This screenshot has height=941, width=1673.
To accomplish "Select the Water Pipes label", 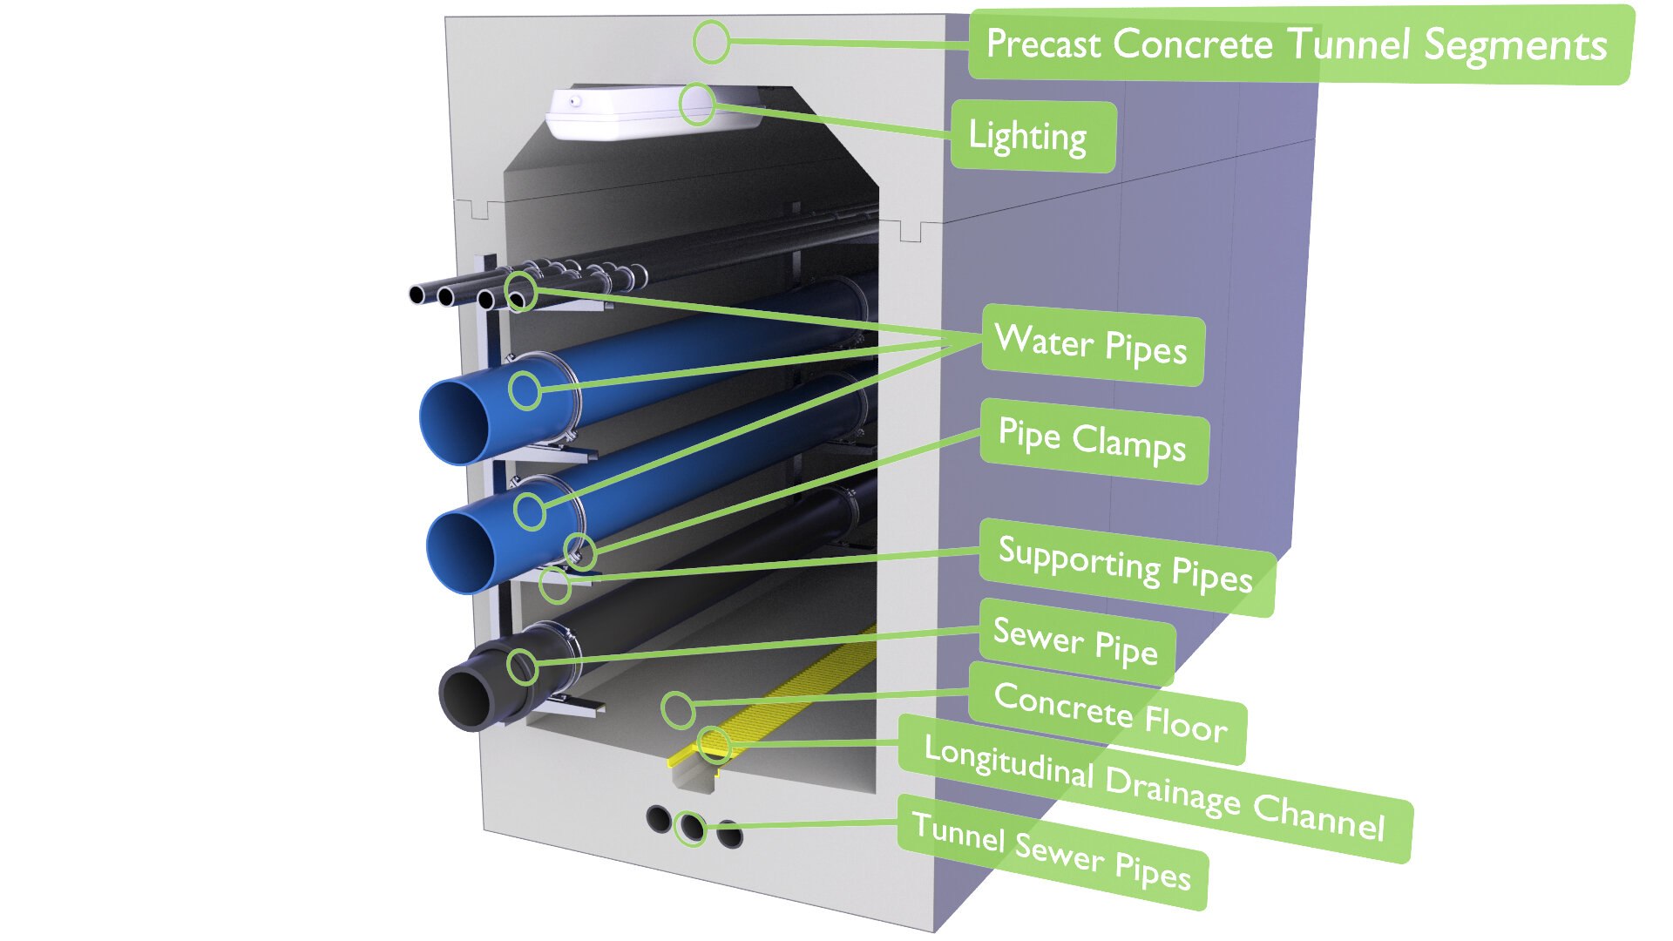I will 1092,344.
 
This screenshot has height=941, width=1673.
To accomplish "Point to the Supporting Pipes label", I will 1125,566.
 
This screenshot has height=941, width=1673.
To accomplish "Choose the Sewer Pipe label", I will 1076,642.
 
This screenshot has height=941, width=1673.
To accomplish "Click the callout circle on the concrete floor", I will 677,709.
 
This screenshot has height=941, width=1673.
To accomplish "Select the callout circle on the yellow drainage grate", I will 714,745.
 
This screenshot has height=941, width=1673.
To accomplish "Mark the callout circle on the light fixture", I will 697,105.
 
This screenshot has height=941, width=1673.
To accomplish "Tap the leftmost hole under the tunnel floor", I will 659,819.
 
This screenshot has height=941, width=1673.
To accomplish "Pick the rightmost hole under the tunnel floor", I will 730,835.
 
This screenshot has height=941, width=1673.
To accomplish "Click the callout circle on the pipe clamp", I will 580,551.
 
